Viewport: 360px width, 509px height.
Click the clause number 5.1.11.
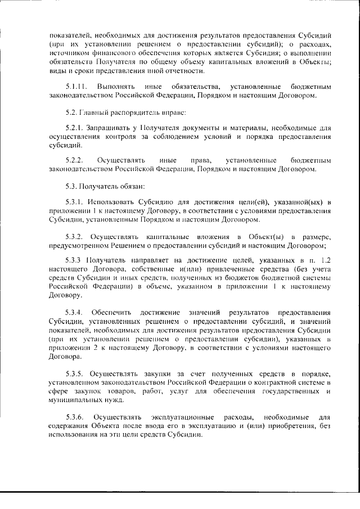click(x=75, y=88)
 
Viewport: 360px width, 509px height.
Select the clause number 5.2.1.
click(x=74, y=128)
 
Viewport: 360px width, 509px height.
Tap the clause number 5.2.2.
click(x=74, y=161)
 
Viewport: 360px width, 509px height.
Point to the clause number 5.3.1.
click(x=74, y=202)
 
